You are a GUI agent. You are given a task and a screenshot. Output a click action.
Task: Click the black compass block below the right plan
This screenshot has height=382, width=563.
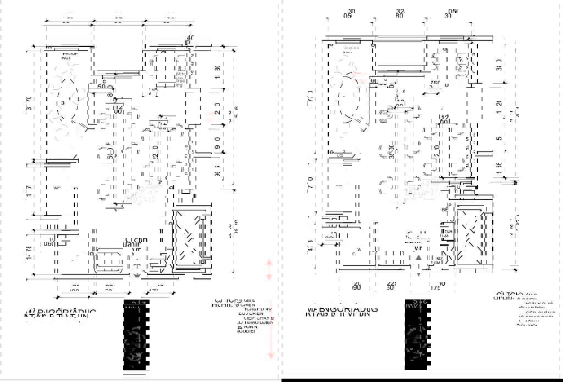[x=416, y=336]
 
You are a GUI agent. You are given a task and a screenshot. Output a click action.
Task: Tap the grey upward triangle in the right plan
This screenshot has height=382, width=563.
[x=418, y=257]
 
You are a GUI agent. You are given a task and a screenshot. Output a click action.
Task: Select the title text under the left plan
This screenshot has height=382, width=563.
[x=60, y=313]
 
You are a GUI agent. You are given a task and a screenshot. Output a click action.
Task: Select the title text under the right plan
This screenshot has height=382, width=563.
[x=341, y=310]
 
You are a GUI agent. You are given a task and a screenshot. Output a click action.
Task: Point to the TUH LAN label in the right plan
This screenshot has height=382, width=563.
[x=448, y=233]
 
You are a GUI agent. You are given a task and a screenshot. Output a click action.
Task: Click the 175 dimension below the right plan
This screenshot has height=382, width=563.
[x=436, y=287]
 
